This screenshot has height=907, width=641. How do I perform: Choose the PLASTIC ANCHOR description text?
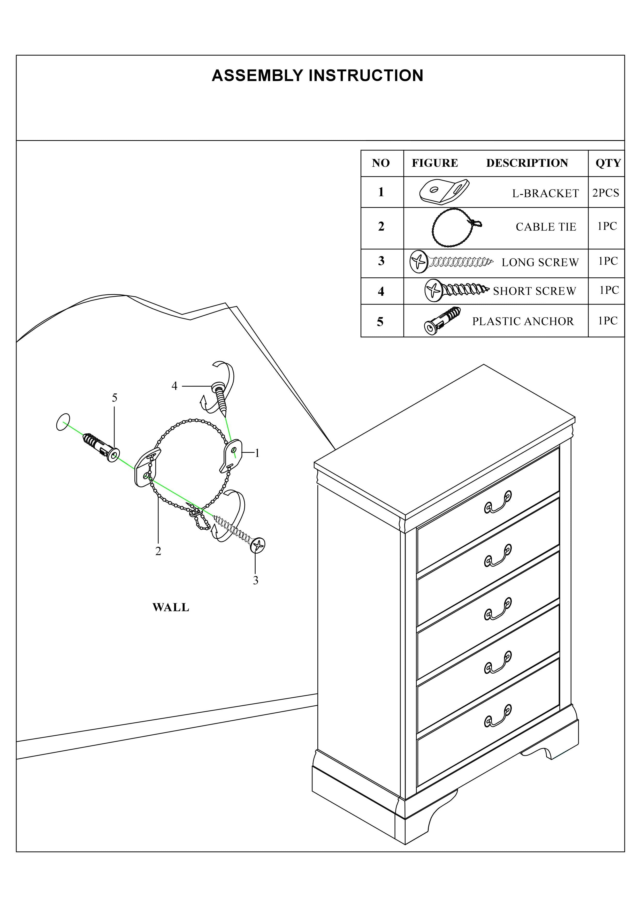point(523,321)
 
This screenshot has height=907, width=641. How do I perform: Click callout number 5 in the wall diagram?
point(115,398)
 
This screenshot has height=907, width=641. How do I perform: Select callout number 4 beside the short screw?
point(174,386)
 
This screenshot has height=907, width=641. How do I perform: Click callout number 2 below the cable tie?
point(158,551)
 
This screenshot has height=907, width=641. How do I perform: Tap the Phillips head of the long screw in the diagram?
point(257,546)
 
